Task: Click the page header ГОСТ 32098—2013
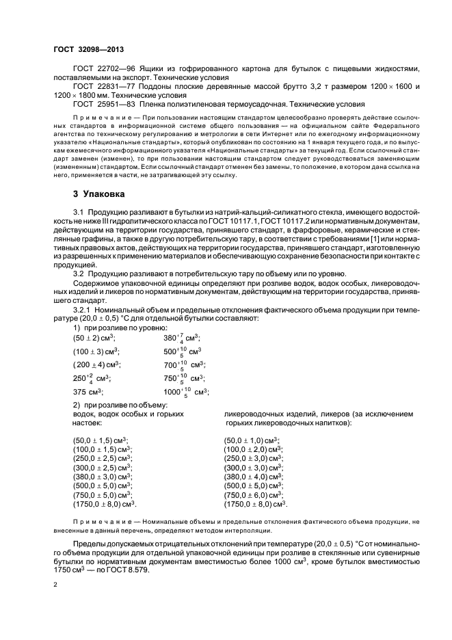coord(88,50)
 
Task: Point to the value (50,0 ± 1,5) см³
coord(101,441)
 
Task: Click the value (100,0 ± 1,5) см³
coord(103,450)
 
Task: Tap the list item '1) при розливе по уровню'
coord(115,328)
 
